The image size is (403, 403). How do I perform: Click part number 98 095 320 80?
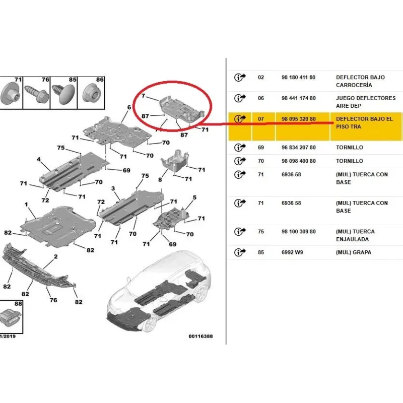point(298,119)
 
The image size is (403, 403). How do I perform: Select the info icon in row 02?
point(240,77)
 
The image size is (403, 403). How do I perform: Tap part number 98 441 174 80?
point(298,98)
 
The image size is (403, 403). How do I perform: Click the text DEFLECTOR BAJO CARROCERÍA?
point(360,81)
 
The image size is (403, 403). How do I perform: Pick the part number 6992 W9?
point(292,252)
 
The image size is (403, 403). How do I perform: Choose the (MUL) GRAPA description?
point(354,252)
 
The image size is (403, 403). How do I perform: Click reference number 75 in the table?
point(261,232)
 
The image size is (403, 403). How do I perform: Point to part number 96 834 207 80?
point(298,148)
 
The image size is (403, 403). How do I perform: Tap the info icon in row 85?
point(240,252)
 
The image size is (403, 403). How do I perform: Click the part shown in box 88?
point(10,317)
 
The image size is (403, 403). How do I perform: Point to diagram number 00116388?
point(200,336)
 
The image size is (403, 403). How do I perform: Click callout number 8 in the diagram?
point(160,180)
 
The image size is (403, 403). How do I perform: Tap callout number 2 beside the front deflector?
point(56,256)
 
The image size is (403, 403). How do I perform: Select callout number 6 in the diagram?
point(129,107)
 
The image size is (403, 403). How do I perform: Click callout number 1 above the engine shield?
point(26,205)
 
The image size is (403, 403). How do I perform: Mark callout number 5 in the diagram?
point(194,197)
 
